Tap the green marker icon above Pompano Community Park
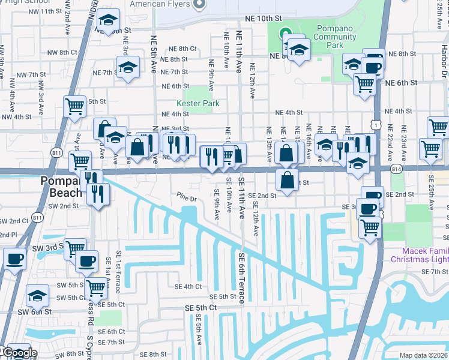click(x=285, y=33)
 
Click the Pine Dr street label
click(x=187, y=199)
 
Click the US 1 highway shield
click(x=374, y=124)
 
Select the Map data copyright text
click(x=423, y=355)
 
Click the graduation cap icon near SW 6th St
click(x=37, y=296)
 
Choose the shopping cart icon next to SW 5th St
click(x=95, y=288)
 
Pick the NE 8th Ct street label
click(x=182, y=49)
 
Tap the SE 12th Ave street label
click(x=256, y=221)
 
